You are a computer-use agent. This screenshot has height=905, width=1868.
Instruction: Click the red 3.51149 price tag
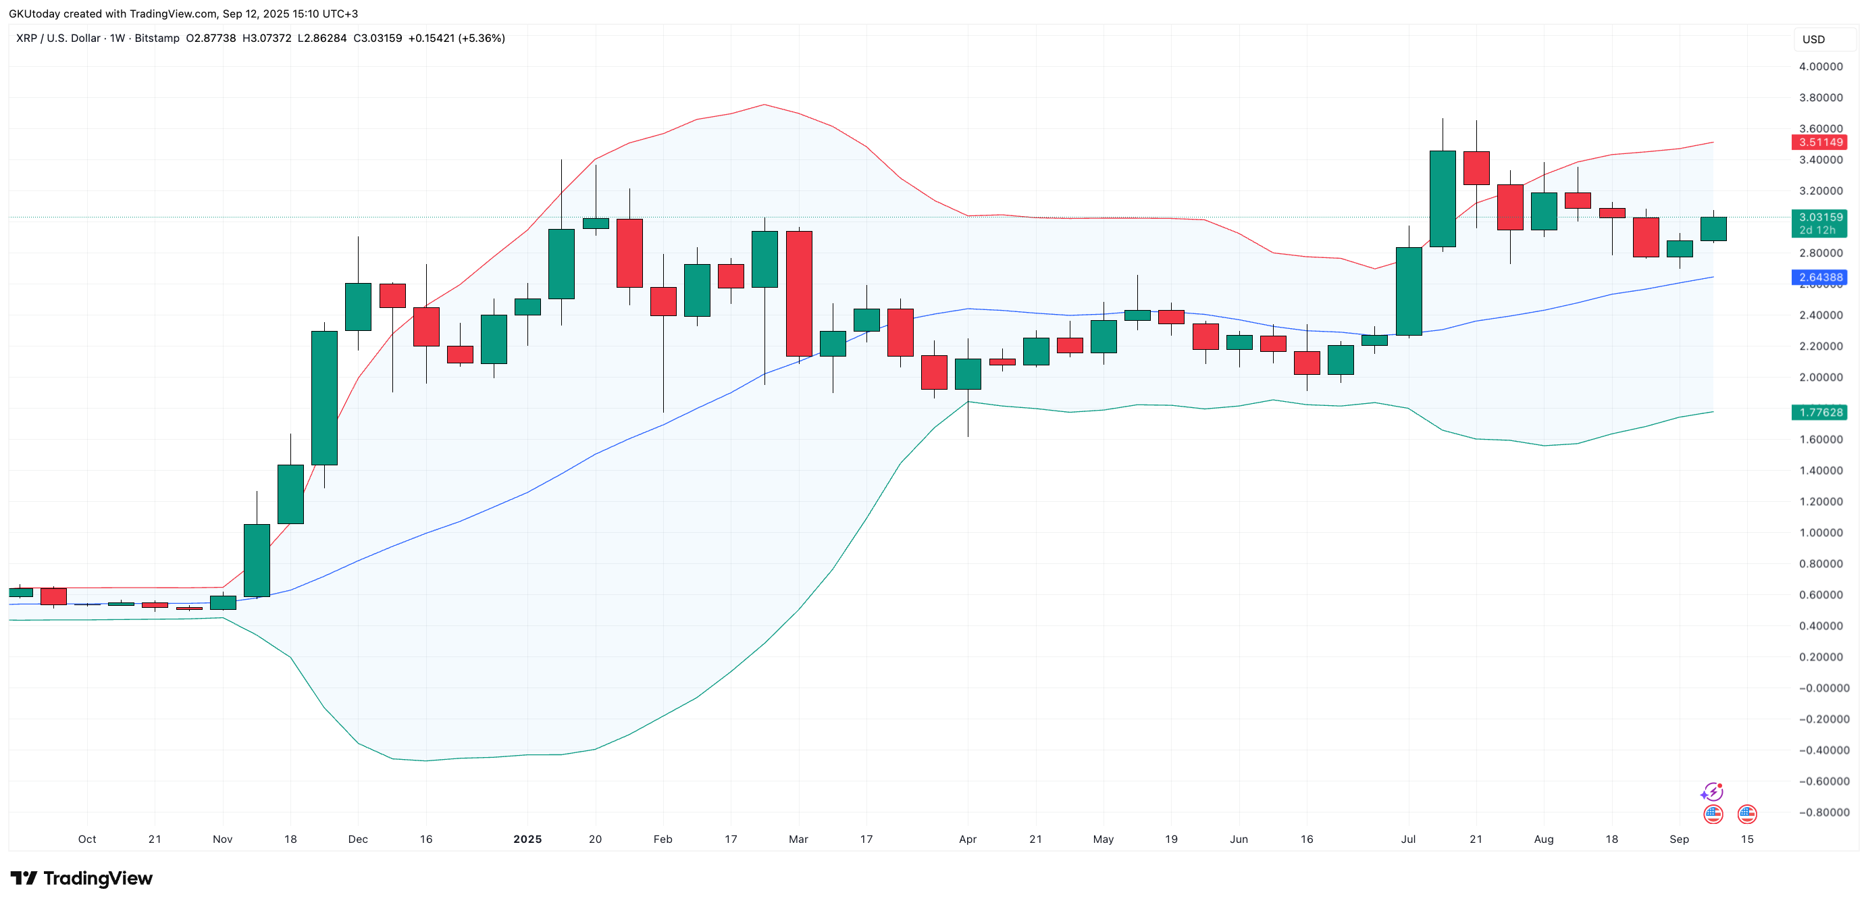1818,142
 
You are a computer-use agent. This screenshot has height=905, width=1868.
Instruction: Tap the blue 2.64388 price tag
1818,277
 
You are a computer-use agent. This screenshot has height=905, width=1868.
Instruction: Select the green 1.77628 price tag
1818,412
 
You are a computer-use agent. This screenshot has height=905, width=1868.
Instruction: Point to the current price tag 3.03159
1818,217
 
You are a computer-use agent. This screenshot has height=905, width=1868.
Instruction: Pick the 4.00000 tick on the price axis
1820,67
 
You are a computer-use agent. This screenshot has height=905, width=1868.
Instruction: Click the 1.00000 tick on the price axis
1820,532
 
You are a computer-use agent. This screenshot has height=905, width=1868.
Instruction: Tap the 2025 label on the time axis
527,839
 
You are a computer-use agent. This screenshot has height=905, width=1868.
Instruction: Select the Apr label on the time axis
967,839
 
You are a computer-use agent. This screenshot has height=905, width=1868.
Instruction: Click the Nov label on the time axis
223,839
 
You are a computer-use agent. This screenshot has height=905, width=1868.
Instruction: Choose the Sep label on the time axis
1679,839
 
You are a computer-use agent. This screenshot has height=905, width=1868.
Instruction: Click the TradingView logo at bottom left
81,878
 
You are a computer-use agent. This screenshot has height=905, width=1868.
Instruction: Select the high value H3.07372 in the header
266,38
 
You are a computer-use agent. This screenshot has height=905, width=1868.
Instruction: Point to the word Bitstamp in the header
157,38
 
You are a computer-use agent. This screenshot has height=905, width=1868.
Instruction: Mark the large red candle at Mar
798,294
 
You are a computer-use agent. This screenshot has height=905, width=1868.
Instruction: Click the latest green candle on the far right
1713,229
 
